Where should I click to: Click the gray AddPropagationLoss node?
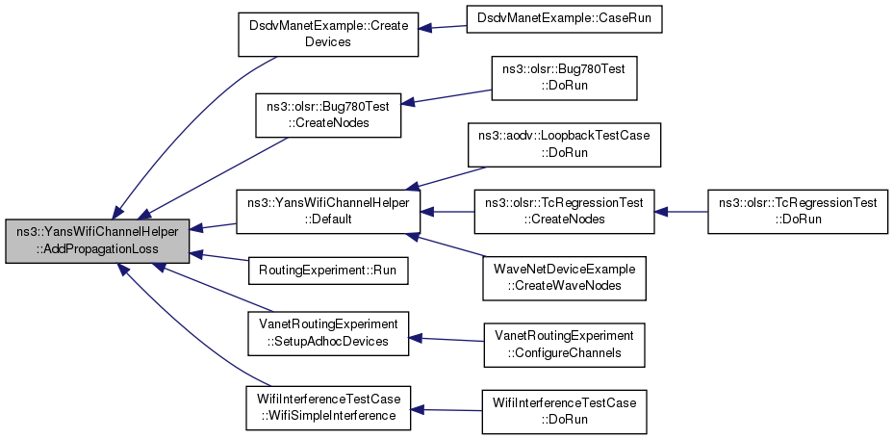(x=97, y=242)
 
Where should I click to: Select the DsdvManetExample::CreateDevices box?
(x=328, y=35)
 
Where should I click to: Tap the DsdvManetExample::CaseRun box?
(x=564, y=22)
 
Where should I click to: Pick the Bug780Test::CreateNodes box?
(x=328, y=115)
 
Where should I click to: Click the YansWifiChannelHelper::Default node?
(x=328, y=211)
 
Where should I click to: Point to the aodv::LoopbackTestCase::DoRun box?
(x=564, y=144)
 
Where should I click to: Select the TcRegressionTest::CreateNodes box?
(x=564, y=211)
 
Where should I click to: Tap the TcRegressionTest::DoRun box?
(x=798, y=211)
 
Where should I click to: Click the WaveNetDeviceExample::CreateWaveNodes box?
(x=564, y=278)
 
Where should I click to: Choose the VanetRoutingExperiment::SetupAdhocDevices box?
(x=328, y=333)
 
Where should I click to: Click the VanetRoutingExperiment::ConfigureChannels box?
(x=564, y=345)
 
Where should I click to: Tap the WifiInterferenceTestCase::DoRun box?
(x=564, y=412)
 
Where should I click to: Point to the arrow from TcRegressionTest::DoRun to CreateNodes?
(x=680, y=212)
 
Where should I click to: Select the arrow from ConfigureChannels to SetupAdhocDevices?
(x=446, y=340)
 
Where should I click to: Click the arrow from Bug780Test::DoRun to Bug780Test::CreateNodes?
(x=446, y=96)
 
